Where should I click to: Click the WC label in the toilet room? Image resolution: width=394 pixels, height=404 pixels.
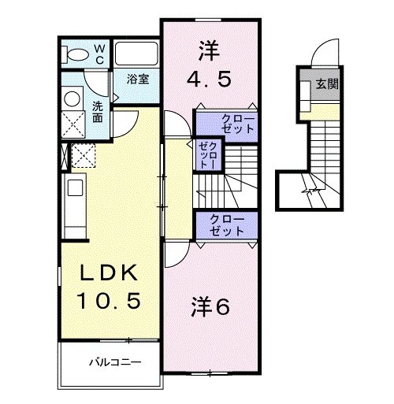(100, 54)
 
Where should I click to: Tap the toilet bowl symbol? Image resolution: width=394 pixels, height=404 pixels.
(77, 54)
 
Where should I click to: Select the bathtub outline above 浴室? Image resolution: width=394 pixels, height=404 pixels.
(137, 54)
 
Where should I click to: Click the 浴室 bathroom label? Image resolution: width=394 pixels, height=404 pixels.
(139, 79)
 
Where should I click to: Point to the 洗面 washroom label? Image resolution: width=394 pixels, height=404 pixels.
(97, 111)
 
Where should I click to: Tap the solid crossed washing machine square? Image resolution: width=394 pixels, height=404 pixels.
(72, 124)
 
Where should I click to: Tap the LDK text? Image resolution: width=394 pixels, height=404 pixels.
(110, 274)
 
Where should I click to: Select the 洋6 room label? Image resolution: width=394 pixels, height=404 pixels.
(210, 308)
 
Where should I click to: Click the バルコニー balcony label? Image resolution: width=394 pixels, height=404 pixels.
(113, 364)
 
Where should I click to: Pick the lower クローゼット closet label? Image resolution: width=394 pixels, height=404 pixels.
(228, 224)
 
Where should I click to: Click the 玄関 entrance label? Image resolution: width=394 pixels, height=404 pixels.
(328, 84)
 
